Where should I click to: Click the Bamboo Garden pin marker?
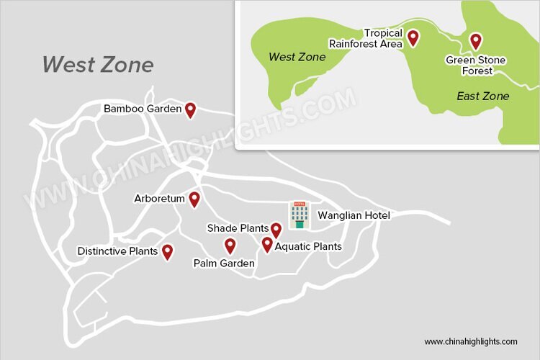pyautogui.click(x=190, y=109)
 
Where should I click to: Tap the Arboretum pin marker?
pyautogui.click(x=194, y=199)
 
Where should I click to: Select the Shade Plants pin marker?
pyautogui.click(x=276, y=230)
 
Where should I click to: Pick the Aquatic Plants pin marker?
pyautogui.click(x=267, y=245)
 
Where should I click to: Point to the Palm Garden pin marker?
pyautogui.click(x=230, y=246)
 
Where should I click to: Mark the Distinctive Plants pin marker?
pyautogui.click(x=167, y=251)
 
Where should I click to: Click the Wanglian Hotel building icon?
pyautogui.click(x=299, y=215)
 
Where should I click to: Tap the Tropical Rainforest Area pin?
pyautogui.click(x=413, y=37)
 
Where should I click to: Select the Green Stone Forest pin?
pyautogui.click(x=475, y=41)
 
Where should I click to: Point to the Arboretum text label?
pyautogui.click(x=159, y=198)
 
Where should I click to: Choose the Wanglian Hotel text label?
pyautogui.click(x=354, y=215)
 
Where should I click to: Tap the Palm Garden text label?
pyautogui.click(x=224, y=264)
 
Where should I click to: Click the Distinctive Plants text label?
pyautogui.click(x=117, y=251)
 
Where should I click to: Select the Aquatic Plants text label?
pyautogui.click(x=308, y=246)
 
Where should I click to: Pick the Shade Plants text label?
pyautogui.click(x=238, y=228)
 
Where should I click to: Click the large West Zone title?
pyautogui.click(x=97, y=65)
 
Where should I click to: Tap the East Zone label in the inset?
pyautogui.click(x=483, y=96)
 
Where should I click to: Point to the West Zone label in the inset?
pyautogui.click(x=297, y=56)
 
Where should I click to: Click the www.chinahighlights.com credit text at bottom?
pyautogui.click(x=471, y=341)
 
